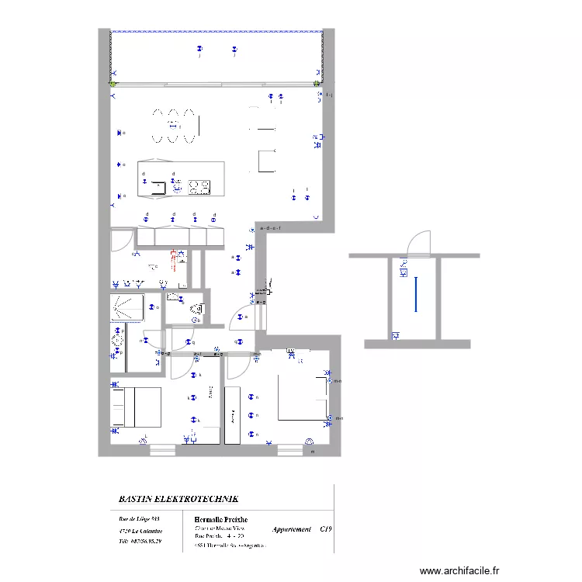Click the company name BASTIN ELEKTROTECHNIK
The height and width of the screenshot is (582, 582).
pyautogui.click(x=178, y=499)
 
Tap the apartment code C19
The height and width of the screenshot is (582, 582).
pyautogui.click(x=325, y=528)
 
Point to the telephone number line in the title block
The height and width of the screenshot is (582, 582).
pyautogui.click(x=140, y=542)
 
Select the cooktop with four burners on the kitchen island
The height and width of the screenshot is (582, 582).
pyautogui.click(x=198, y=186)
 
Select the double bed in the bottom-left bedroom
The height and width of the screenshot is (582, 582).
pyautogui.click(x=137, y=407)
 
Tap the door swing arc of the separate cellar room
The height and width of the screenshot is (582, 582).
pyautogui.click(x=420, y=241)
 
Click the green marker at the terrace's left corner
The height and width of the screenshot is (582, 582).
pyautogui.click(x=113, y=83)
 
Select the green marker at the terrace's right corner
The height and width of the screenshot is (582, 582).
pyautogui.click(x=317, y=83)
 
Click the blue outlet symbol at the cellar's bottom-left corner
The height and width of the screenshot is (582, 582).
pyautogui.click(x=396, y=335)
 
